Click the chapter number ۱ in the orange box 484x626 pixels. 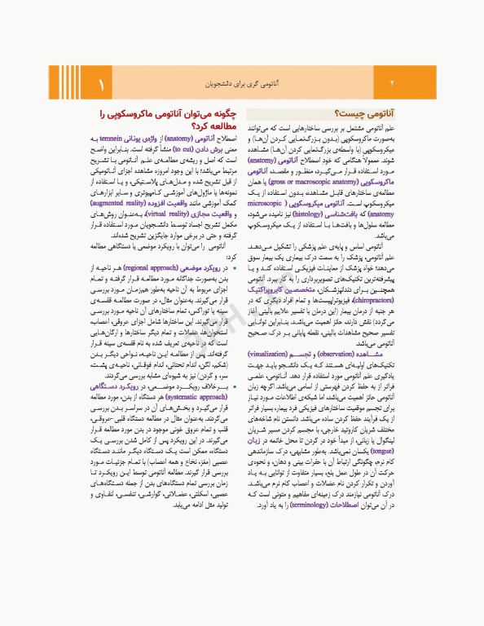pyautogui.click(x=103, y=84)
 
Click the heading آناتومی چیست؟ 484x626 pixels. pyautogui.click(x=365, y=115)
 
